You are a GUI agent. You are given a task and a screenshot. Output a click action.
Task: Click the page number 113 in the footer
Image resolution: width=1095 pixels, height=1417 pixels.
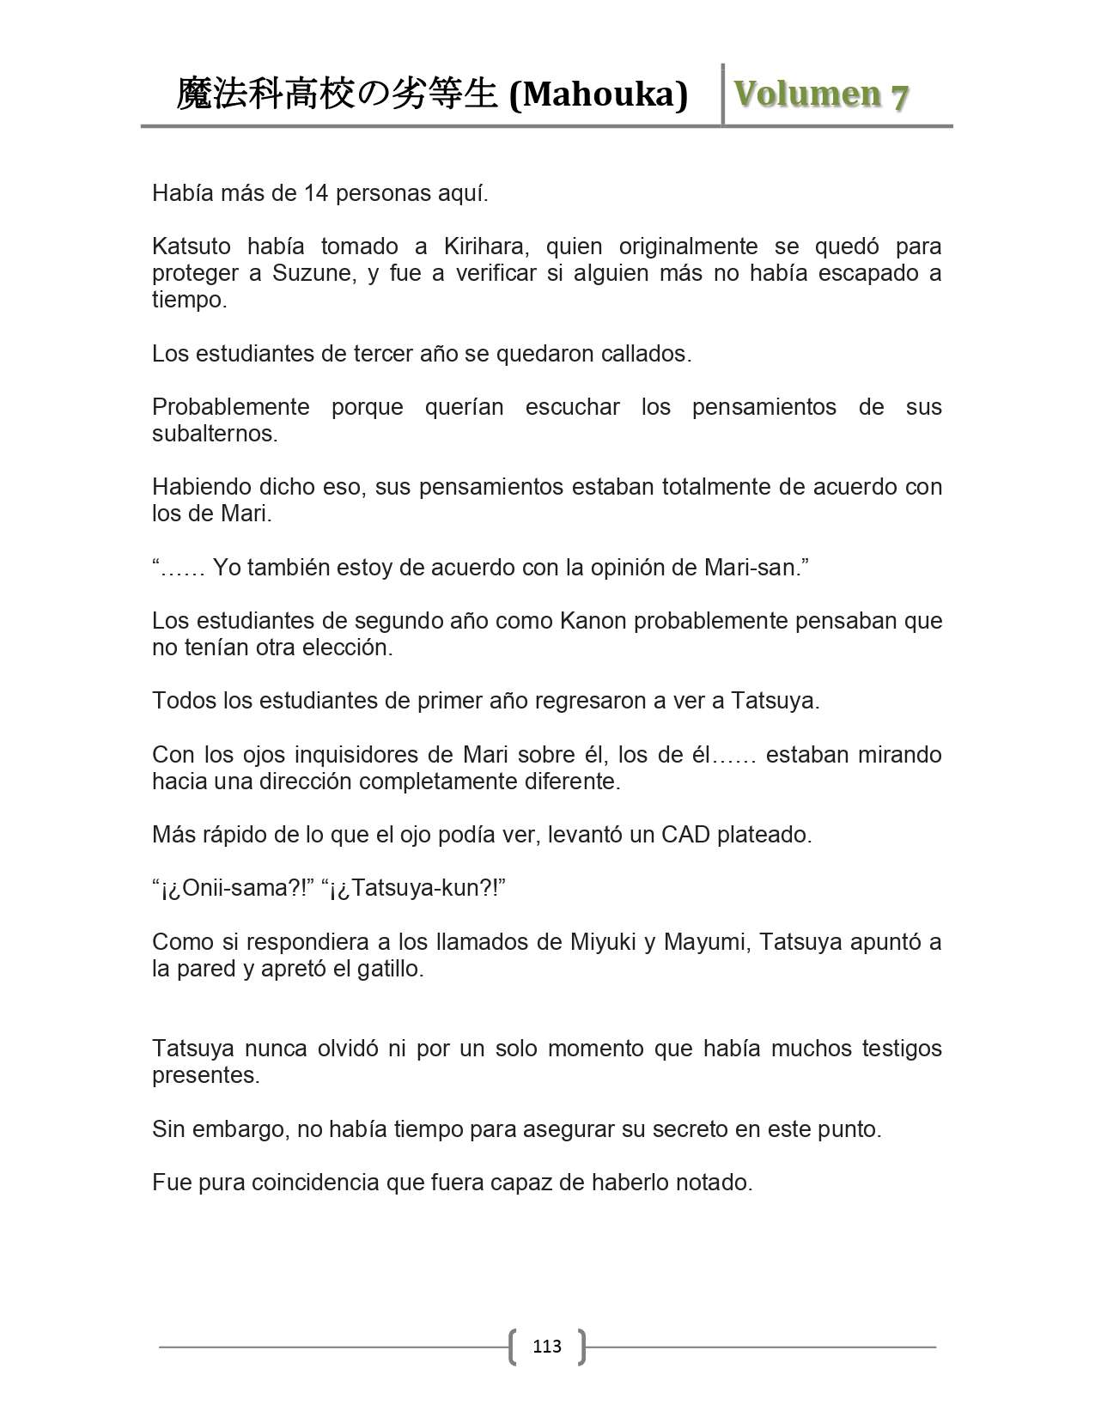[547, 1346]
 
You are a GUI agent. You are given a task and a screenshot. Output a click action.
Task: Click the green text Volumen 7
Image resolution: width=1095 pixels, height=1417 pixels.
[821, 94]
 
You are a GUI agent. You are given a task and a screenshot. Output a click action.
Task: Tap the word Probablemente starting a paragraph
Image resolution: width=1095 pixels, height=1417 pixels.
[230, 407]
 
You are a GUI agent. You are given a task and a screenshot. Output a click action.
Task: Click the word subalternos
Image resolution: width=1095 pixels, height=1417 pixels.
[215, 434]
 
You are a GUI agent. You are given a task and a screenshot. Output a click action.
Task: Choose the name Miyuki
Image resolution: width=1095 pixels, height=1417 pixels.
[601, 942]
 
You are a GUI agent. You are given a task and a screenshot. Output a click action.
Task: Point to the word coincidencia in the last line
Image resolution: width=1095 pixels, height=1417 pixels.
[314, 1183]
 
